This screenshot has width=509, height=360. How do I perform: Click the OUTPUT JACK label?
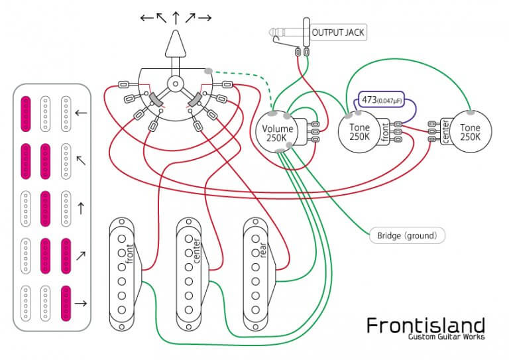(x=337, y=32)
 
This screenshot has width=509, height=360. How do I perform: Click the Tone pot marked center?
(x=470, y=131)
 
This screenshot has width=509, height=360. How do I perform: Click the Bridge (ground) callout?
(x=407, y=235)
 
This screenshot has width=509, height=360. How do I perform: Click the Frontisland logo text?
(x=425, y=325)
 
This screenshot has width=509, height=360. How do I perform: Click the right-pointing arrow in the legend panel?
(x=81, y=304)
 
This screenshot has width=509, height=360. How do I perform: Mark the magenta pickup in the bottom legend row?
(x=66, y=302)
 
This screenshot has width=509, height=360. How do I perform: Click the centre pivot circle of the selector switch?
(x=175, y=84)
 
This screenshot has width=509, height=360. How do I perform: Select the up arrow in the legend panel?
(x=81, y=208)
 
